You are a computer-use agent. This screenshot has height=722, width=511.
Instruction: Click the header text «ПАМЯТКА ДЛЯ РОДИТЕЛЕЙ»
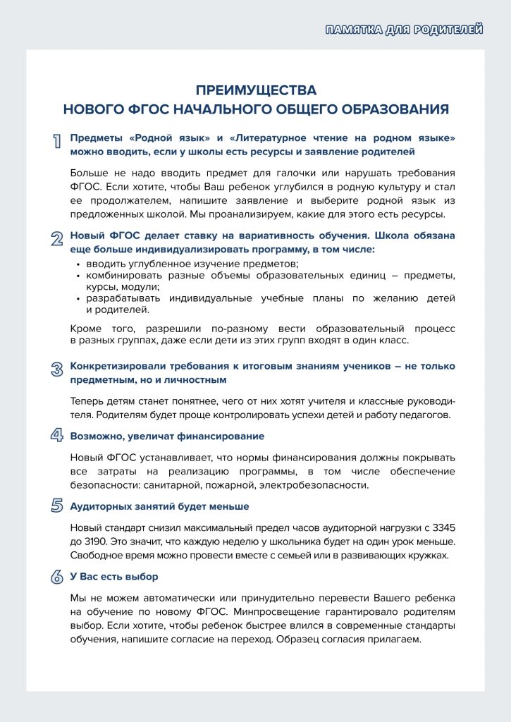pos(405,29)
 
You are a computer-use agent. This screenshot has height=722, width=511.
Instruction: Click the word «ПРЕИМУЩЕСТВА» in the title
pos(256,91)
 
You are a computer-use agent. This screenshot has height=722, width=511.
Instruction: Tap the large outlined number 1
pos(56,141)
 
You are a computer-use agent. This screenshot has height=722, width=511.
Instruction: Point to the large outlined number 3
pos(56,369)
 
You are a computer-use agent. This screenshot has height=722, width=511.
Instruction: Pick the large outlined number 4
pos(56,435)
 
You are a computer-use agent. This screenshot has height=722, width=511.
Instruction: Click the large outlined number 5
pos(56,505)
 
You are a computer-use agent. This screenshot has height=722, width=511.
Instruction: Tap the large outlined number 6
pos(56,576)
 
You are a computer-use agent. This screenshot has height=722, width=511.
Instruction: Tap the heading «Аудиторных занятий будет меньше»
pos(159,506)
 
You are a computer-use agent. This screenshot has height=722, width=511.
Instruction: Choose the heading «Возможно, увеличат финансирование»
pos(167,436)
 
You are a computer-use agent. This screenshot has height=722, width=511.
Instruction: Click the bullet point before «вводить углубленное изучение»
pos(78,264)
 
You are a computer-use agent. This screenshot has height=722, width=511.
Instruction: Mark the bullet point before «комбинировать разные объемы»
pos(78,275)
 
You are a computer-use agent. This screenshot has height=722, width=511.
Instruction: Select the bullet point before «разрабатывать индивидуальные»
pos(78,298)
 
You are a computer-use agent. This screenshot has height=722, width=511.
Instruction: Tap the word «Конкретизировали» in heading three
pos(116,367)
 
